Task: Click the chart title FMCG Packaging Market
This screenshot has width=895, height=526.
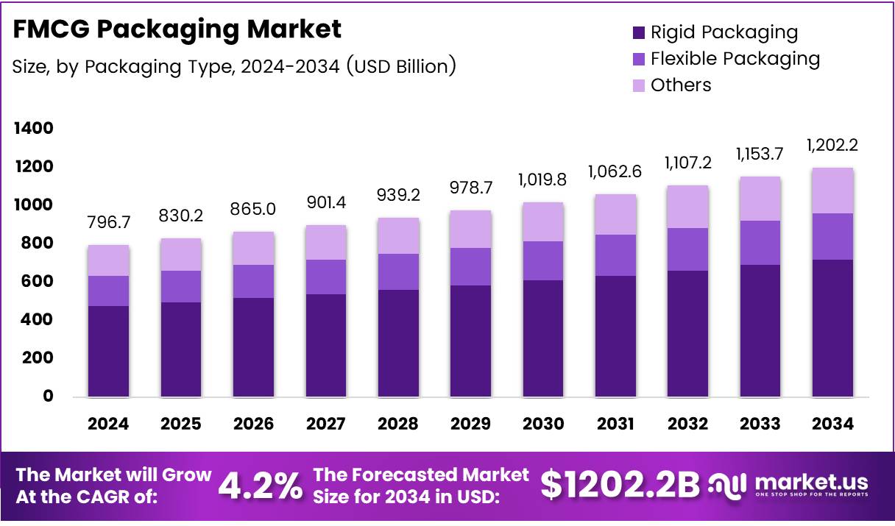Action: coord(177,29)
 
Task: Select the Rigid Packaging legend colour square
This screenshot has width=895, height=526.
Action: coord(638,32)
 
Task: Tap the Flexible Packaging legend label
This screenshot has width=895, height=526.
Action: coord(735,58)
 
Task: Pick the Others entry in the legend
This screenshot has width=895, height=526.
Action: coord(681,85)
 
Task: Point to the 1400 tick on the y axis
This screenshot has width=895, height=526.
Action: coord(34,129)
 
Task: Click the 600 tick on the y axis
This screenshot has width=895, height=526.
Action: coord(38,281)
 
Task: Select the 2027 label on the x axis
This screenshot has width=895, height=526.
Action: coord(325,424)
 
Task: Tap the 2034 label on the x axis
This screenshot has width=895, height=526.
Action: coord(832,424)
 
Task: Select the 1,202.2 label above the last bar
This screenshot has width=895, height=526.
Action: coord(832,146)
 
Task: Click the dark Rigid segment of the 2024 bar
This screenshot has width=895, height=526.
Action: coord(108,352)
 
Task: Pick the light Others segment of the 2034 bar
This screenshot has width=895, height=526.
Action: coord(832,191)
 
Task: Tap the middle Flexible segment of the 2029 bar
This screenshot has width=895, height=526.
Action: coord(470,266)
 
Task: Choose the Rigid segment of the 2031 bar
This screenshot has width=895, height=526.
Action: coord(615,337)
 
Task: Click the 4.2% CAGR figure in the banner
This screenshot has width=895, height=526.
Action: coord(260,486)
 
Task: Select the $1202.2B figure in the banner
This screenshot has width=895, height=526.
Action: coord(620,485)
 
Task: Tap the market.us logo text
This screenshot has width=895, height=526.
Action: coord(810,483)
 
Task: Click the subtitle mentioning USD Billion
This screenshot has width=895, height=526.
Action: coord(234,66)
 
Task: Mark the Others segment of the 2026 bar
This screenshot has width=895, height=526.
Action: coord(253,248)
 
